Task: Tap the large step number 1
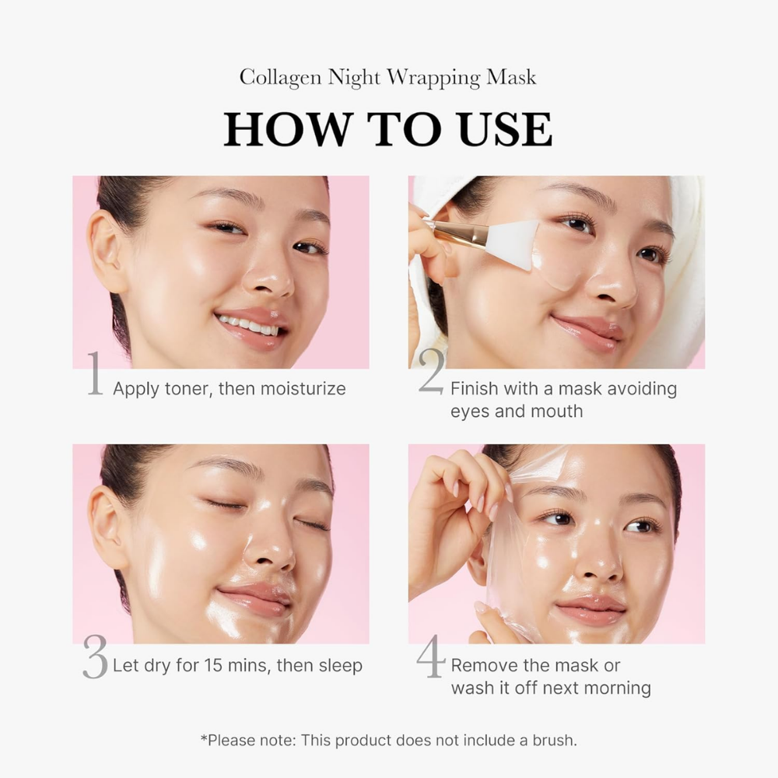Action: (x=94, y=374)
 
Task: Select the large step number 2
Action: (x=432, y=372)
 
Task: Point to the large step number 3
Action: (x=95, y=657)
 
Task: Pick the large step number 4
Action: (x=431, y=657)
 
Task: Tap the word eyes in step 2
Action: (x=470, y=411)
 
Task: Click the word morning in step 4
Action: (x=617, y=688)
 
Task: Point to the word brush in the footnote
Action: (x=548, y=740)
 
